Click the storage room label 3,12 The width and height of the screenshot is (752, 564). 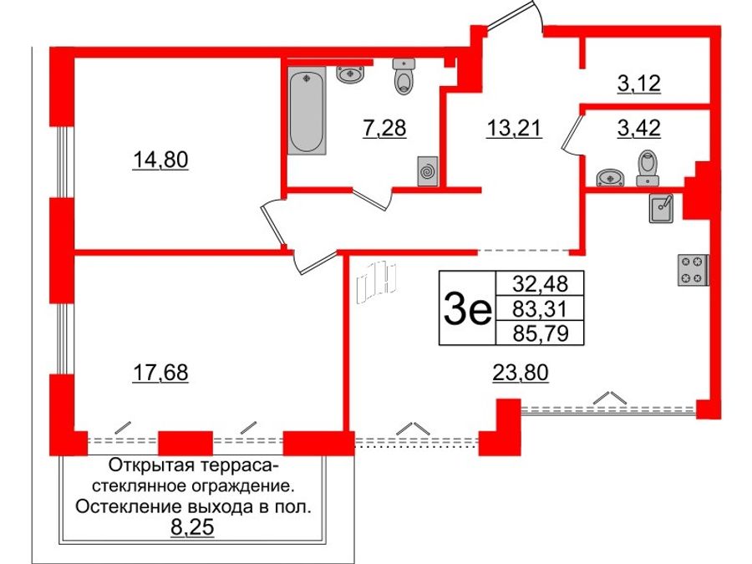638,84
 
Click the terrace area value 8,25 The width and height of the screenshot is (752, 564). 191,527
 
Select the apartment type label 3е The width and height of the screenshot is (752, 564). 466,310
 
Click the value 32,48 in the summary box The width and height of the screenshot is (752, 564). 538,283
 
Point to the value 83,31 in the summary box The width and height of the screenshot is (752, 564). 538,309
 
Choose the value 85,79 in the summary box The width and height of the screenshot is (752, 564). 538,334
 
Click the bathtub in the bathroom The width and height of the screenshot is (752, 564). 307,113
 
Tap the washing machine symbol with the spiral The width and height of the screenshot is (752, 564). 428,170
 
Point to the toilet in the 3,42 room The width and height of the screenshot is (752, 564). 648,166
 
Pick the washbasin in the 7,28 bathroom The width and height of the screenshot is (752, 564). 351,74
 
